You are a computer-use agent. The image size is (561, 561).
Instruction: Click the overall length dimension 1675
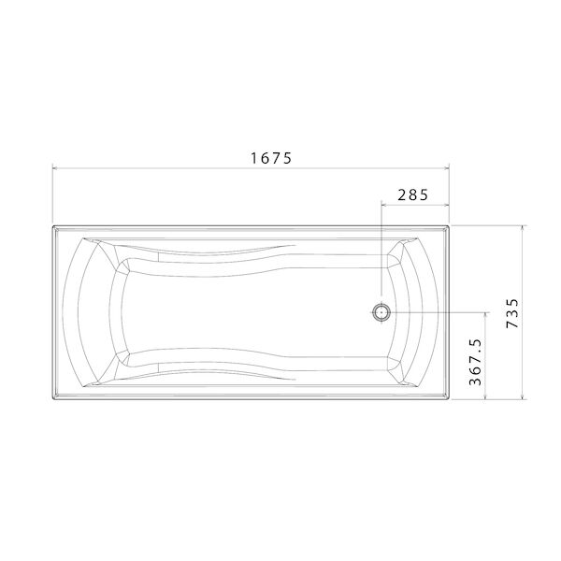tap(271, 158)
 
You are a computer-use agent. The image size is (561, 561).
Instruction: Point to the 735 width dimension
tap(510, 312)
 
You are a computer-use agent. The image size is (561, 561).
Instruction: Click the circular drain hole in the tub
tap(381, 312)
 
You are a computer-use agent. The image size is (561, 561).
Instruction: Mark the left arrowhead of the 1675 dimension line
tap(56, 169)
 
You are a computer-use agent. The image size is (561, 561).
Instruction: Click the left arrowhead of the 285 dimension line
tap(385, 205)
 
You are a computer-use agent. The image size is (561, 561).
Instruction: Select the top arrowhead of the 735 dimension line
tap(522, 228)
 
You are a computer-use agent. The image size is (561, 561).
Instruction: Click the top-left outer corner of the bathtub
tap(52, 224)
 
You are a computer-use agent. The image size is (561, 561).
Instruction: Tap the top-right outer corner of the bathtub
tap(451, 224)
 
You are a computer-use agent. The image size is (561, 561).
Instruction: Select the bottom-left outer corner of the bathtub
tap(52, 400)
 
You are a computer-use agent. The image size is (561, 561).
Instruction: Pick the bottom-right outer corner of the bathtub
tap(451, 400)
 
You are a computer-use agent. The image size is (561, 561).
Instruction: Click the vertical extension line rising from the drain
tap(381, 252)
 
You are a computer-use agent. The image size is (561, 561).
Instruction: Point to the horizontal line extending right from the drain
tap(439, 312)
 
